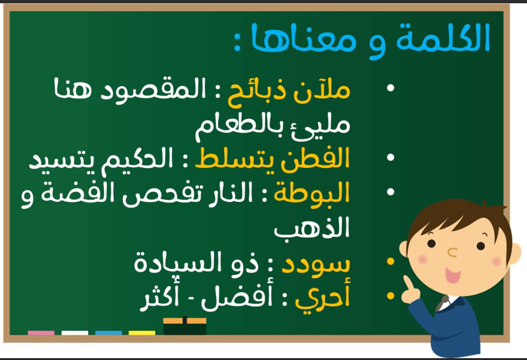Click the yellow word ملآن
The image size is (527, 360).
pyautogui.click(x=322, y=91)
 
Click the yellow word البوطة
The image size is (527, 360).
pyautogui.click(x=312, y=193)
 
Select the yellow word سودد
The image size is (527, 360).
pyautogui.click(x=316, y=264)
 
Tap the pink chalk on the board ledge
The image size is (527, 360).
pyautogui.click(x=41, y=333)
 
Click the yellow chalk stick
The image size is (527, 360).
pyautogui.click(x=142, y=333)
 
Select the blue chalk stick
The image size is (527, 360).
pyautogui.click(x=108, y=333)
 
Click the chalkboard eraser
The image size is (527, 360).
pyautogui.click(x=184, y=326)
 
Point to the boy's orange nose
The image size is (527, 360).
pyautogui.click(x=452, y=253)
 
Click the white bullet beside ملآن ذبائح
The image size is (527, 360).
pyautogui.click(x=390, y=88)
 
